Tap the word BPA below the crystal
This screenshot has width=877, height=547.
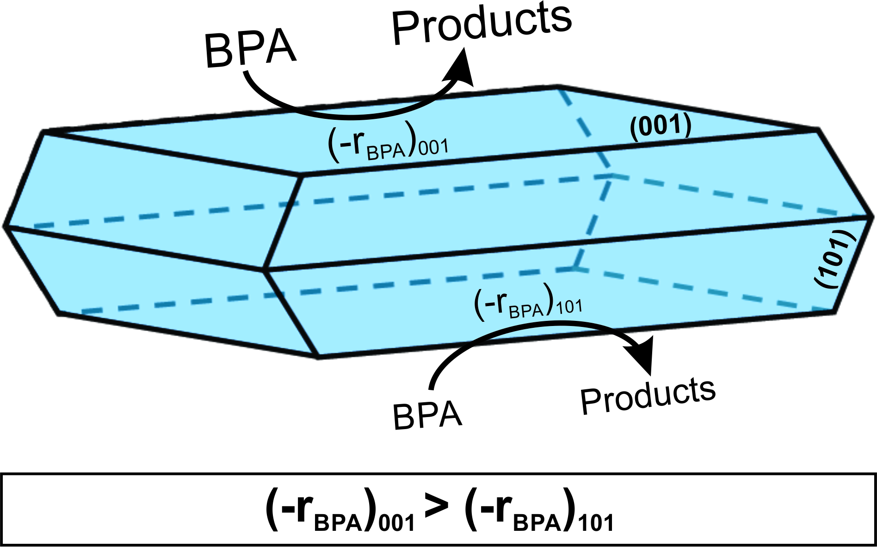pos(427,415)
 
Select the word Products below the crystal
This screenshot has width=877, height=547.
pos(648,396)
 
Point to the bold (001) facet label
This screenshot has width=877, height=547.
pos(661,126)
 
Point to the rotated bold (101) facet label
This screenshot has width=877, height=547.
pos(835,259)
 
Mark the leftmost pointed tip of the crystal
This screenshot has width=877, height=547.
pos(5,227)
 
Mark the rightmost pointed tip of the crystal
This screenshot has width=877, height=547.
pos(872,216)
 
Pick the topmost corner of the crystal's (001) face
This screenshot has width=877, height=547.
pos(559,86)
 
